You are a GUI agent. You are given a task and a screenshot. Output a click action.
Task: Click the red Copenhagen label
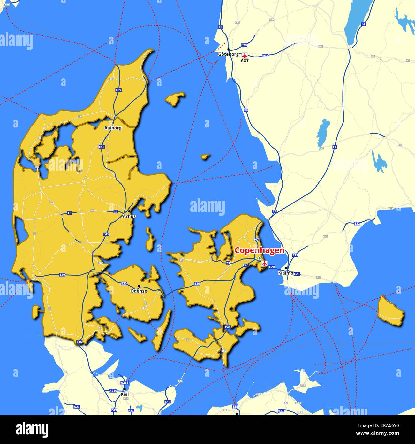coord(259,250)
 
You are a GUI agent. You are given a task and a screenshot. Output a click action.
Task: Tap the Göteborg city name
coord(228,54)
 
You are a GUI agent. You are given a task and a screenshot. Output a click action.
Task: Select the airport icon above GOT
coord(245,55)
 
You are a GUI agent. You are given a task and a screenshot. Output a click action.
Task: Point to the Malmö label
coord(285,273)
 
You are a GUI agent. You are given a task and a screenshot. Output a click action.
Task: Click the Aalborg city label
coord(113,128)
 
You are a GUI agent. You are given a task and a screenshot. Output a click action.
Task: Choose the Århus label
coord(129,216)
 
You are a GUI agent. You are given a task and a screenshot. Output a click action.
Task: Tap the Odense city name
coord(139,291)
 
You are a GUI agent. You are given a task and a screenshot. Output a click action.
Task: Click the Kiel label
coord(124,394)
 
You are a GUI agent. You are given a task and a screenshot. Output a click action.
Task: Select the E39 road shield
coord(118,90)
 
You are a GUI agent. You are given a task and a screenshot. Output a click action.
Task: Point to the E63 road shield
coord(265,56)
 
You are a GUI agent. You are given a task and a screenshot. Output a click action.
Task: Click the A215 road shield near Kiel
coord(124,383)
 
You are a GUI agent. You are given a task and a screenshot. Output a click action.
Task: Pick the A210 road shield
coord(113,391)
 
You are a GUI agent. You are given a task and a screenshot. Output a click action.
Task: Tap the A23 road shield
coord(77,407)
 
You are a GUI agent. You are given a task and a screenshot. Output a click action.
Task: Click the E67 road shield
coord(101,263)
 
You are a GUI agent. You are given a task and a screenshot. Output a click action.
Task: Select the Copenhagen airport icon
coord(264,264)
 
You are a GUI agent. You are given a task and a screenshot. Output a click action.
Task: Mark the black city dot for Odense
coord(139,286)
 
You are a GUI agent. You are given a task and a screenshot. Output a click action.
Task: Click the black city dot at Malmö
coord(286,268)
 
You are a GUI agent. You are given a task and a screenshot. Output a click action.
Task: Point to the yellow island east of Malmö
coord(390,310)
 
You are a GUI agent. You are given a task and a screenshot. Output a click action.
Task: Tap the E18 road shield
coord(7,4)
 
